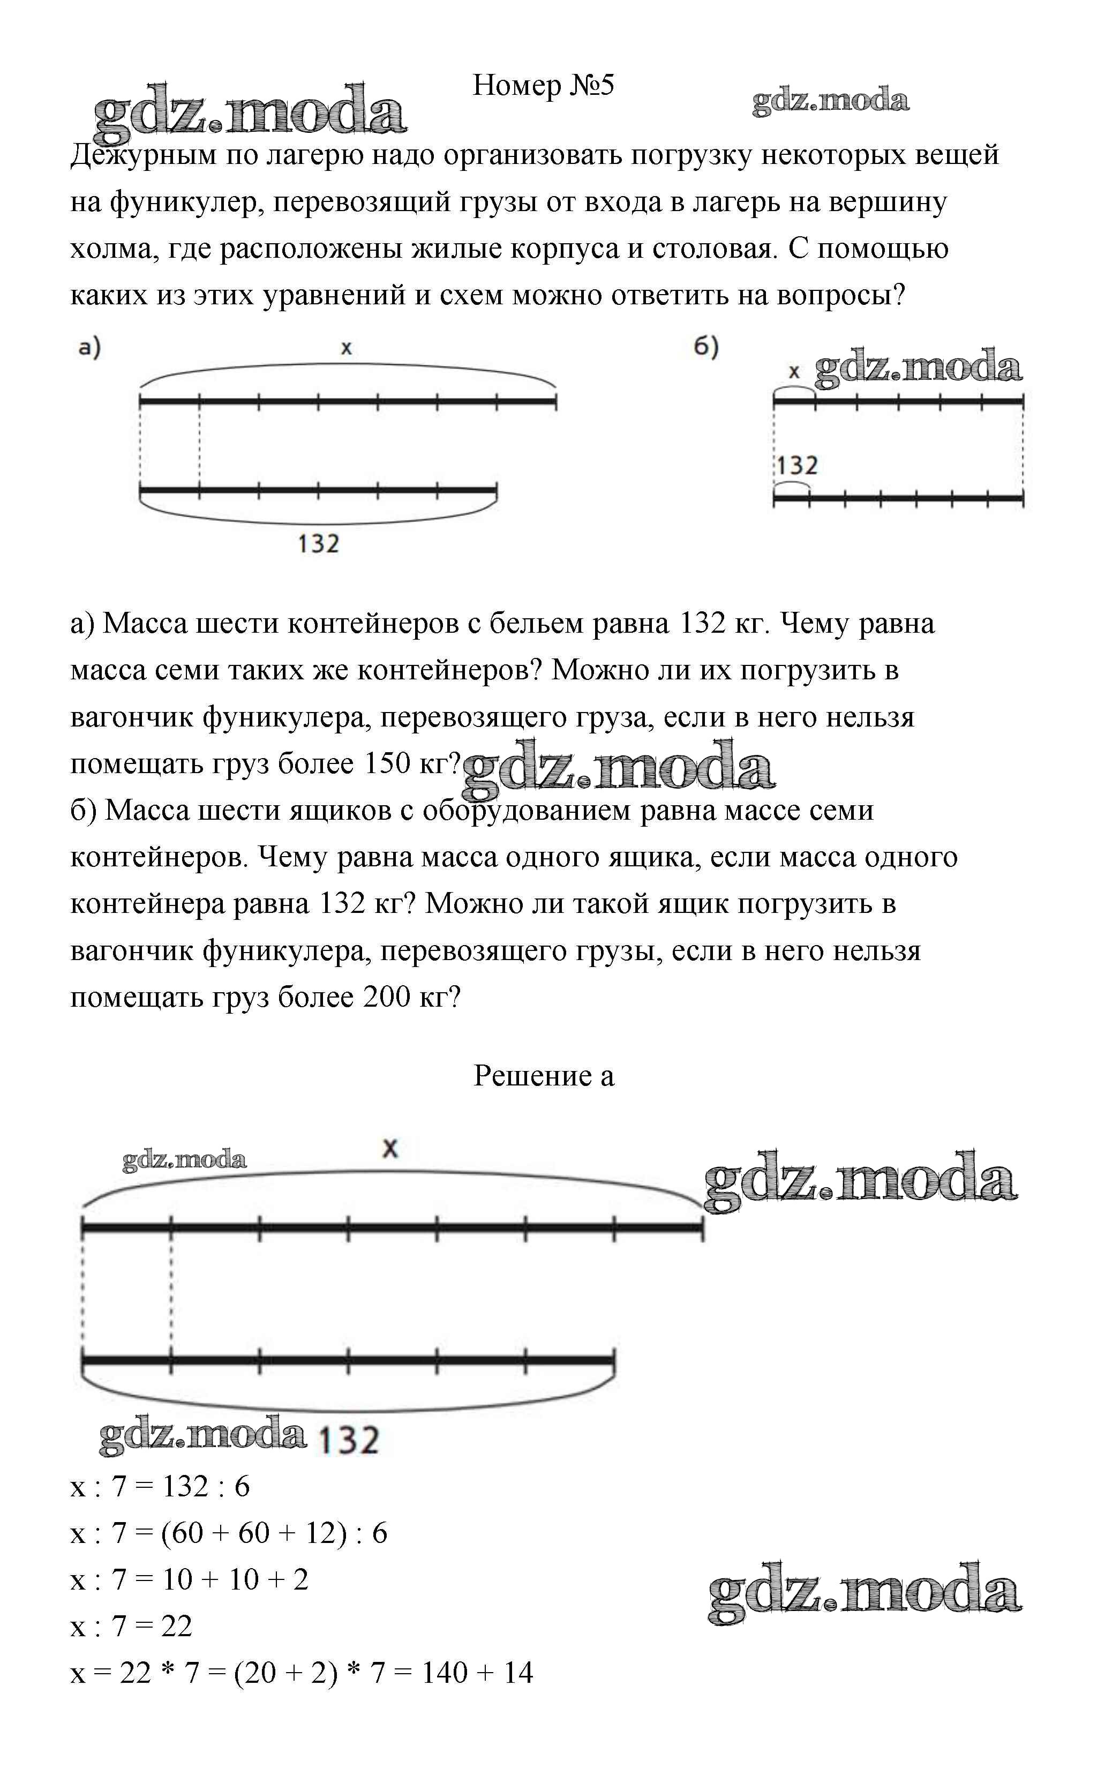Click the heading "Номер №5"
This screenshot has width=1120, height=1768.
(x=543, y=86)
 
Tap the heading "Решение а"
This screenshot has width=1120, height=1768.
(x=543, y=1076)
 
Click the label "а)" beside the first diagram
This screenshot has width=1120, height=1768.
(x=89, y=347)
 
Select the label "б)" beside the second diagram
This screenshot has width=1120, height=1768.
(x=706, y=347)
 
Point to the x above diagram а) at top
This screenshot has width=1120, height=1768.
(x=347, y=348)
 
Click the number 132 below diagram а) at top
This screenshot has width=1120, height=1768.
(x=319, y=544)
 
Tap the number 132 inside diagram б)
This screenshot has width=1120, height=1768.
(x=797, y=466)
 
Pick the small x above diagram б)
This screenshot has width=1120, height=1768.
(x=793, y=373)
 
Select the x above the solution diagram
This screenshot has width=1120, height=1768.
(x=390, y=1148)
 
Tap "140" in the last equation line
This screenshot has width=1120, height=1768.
(x=445, y=1673)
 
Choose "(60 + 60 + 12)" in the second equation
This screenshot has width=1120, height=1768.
(x=253, y=1532)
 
